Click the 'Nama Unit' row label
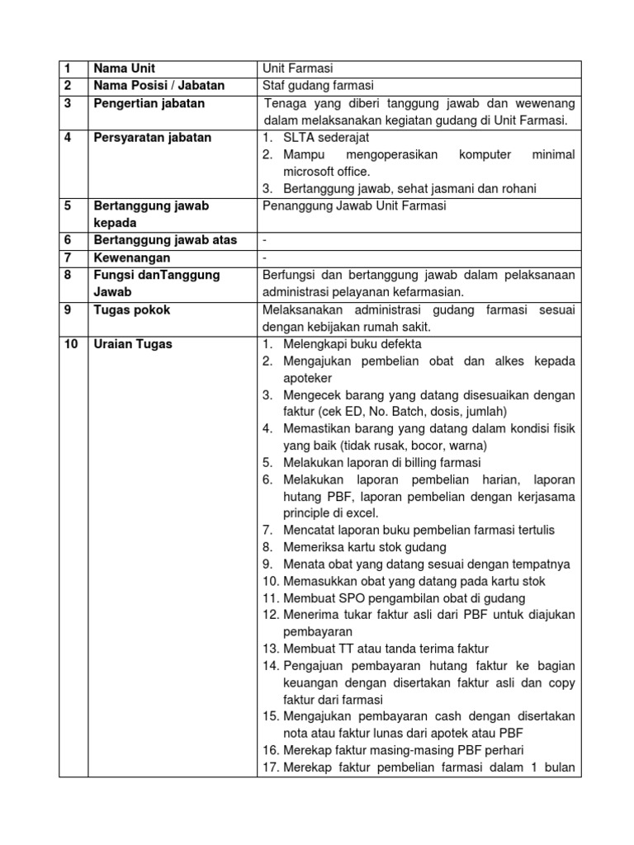tap(124, 68)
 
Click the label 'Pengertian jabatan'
tap(149, 103)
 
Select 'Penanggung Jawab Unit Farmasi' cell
tap(353, 206)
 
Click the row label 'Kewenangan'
tap(130, 257)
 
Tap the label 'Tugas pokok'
tap(131, 309)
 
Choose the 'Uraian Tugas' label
tap(133, 344)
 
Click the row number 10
tap(71, 344)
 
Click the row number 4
tap(68, 138)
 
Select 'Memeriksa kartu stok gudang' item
tap(365, 546)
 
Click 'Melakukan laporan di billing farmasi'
tap(381, 462)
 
